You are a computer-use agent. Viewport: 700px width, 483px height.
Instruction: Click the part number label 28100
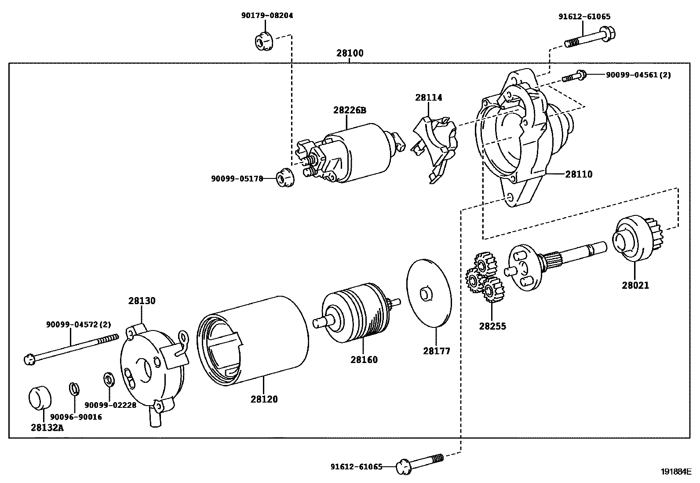[x=350, y=54]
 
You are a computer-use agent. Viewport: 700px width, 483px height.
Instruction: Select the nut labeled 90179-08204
[x=263, y=42]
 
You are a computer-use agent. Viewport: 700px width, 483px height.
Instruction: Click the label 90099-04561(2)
[x=638, y=75]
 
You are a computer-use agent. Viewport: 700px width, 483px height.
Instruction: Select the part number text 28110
[x=579, y=174]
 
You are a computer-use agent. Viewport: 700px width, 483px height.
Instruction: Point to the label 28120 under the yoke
[x=264, y=399]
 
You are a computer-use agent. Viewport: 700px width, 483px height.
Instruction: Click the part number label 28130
[x=142, y=301]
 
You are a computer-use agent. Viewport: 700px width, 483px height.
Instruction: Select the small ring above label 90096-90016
[x=74, y=389]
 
